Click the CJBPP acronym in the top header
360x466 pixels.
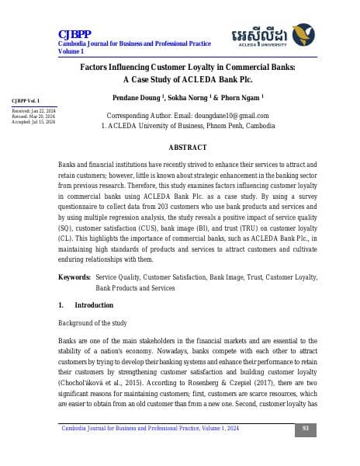pyautogui.click(x=75, y=33)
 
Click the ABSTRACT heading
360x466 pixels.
pyautogui.click(x=188, y=148)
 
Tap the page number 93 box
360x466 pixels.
pyautogui.click(x=306, y=428)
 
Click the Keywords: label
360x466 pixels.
pyautogui.click(x=74, y=277)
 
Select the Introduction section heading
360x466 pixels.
pyautogui.click(x=96, y=305)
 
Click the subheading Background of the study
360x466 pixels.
pyautogui.click(x=98, y=322)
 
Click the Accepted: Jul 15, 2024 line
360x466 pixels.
pyautogui.click(x=33, y=122)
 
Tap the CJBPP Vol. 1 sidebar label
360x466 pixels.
pyautogui.click(x=26, y=101)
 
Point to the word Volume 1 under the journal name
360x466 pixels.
pyautogui.click(x=71, y=51)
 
